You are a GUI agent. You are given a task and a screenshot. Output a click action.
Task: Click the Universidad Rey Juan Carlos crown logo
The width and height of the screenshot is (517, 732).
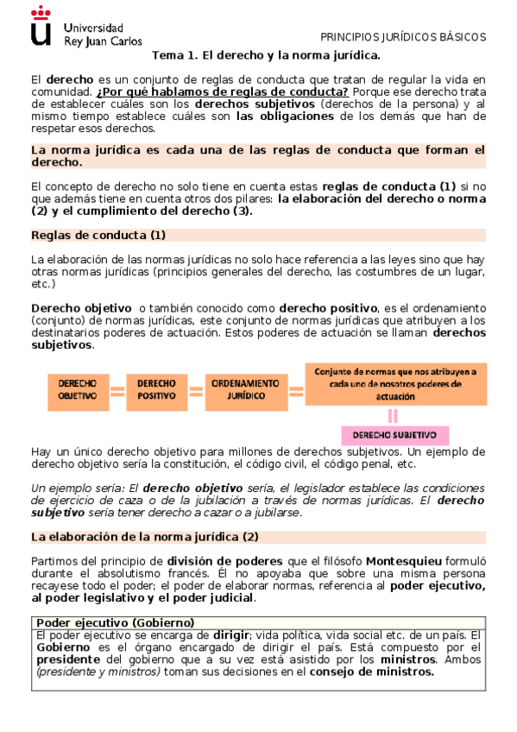point(40,24)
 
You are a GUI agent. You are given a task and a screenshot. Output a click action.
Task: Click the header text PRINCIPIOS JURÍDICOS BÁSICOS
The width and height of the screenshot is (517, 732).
point(403,37)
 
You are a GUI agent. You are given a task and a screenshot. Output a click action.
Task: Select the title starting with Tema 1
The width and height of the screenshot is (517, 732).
point(266,54)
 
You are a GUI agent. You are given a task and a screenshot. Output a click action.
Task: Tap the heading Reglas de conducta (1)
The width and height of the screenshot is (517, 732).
point(98,235)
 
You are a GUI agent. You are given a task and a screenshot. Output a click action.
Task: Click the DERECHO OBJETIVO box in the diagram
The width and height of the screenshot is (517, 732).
point(77,388)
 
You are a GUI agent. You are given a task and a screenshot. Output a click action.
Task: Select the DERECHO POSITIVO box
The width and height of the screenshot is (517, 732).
point(156,388)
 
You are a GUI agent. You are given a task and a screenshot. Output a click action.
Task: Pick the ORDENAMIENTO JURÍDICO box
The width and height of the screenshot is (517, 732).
point(245,388)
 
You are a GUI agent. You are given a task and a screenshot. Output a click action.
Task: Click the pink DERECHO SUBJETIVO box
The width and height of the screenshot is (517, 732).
point(394,434)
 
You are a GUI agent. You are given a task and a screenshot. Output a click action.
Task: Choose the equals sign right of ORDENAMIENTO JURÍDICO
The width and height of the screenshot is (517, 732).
point(296,390)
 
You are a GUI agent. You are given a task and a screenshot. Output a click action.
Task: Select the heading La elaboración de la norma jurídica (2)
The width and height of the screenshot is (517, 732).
point(144,537)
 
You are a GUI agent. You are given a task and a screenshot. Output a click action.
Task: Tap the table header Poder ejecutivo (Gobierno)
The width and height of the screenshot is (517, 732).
point(115,622)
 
